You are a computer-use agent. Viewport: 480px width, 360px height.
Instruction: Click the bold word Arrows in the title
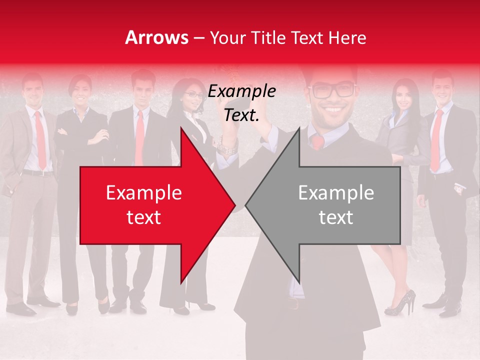[x=157, y=38]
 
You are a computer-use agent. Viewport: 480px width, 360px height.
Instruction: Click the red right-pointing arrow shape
[x=150, y=205]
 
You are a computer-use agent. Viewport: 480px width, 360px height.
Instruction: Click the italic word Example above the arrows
[x=242, y=91]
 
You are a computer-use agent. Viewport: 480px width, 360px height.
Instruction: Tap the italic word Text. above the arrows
[x=242, y=115]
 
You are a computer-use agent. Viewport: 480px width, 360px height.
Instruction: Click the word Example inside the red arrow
[x=144, y=192]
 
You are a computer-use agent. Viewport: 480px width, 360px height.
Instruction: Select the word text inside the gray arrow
[x=336, y=217]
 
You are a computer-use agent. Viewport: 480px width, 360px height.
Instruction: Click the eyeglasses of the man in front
[x=332, y=90]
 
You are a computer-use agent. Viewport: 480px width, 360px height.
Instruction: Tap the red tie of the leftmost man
[x=40, y=140]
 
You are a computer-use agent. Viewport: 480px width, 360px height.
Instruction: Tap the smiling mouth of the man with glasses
[x=334, y=109]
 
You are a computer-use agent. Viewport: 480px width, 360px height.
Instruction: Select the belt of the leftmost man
[x=37, y=173]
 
